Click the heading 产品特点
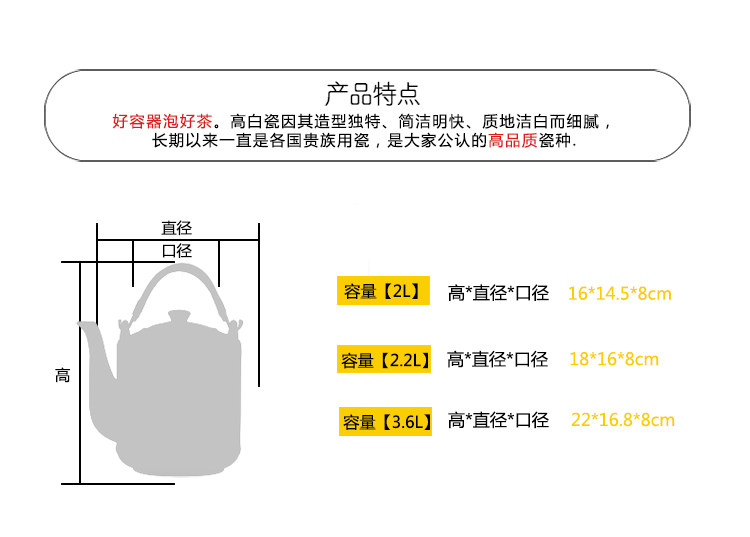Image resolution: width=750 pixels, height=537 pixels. point(373,95)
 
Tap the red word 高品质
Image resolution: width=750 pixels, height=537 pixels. point(512,141)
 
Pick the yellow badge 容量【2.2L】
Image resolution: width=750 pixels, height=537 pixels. point(385,359)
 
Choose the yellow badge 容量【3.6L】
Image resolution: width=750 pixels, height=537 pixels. point(385,421)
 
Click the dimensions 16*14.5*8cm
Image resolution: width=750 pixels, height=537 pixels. point(619,293)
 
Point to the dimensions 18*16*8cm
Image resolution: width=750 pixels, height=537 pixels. point(614,359)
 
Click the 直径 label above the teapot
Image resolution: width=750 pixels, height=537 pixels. point(176,228)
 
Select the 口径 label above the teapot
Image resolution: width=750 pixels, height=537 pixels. point(176,251)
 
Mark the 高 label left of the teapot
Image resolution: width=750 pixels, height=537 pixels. point(62,376)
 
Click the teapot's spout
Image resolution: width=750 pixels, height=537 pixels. point(96,350)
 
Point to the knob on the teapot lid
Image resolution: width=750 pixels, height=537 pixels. point(178,316)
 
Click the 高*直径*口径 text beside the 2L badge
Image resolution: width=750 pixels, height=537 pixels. point(498,293)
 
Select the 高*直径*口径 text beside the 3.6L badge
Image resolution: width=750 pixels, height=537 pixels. point(498,420)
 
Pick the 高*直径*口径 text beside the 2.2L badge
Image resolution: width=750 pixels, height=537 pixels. point(498,359)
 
